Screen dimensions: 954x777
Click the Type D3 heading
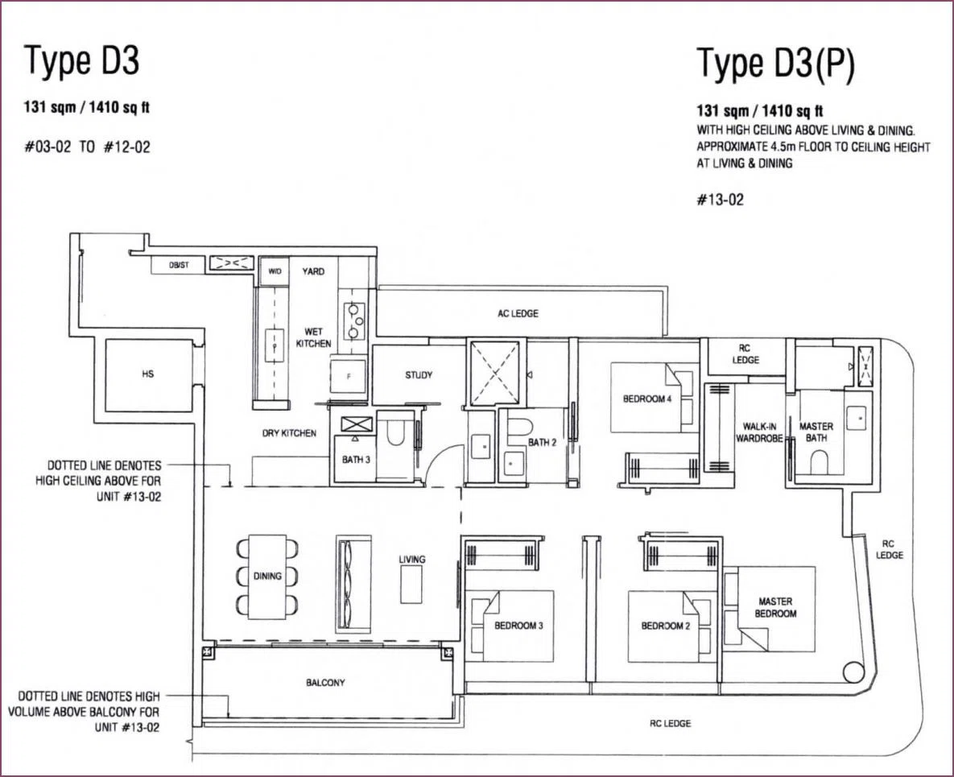(81, 61)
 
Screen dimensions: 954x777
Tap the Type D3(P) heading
(776, 64)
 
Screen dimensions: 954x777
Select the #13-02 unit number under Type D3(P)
(721, 200)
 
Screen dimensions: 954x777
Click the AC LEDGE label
(518, 313)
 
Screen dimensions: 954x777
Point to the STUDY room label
(419, 375)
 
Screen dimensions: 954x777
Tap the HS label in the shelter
(148, 374)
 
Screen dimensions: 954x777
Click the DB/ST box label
(179, 265)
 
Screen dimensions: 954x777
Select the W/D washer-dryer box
(275, 271)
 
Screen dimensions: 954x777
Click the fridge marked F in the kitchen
(348, 378)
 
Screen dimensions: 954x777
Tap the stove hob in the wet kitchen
(353, 320)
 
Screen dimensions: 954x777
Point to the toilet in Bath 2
(518, 427)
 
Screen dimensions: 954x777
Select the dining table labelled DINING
(268, 577)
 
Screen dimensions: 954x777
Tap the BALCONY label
(325, 683)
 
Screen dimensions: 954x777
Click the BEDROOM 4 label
(647, 399)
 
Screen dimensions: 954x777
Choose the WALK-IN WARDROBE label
(759, 432)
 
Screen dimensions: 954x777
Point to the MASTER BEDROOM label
(776, 607)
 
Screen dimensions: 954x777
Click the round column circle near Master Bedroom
(853, 673)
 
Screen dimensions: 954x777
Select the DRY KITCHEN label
(289, 433)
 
